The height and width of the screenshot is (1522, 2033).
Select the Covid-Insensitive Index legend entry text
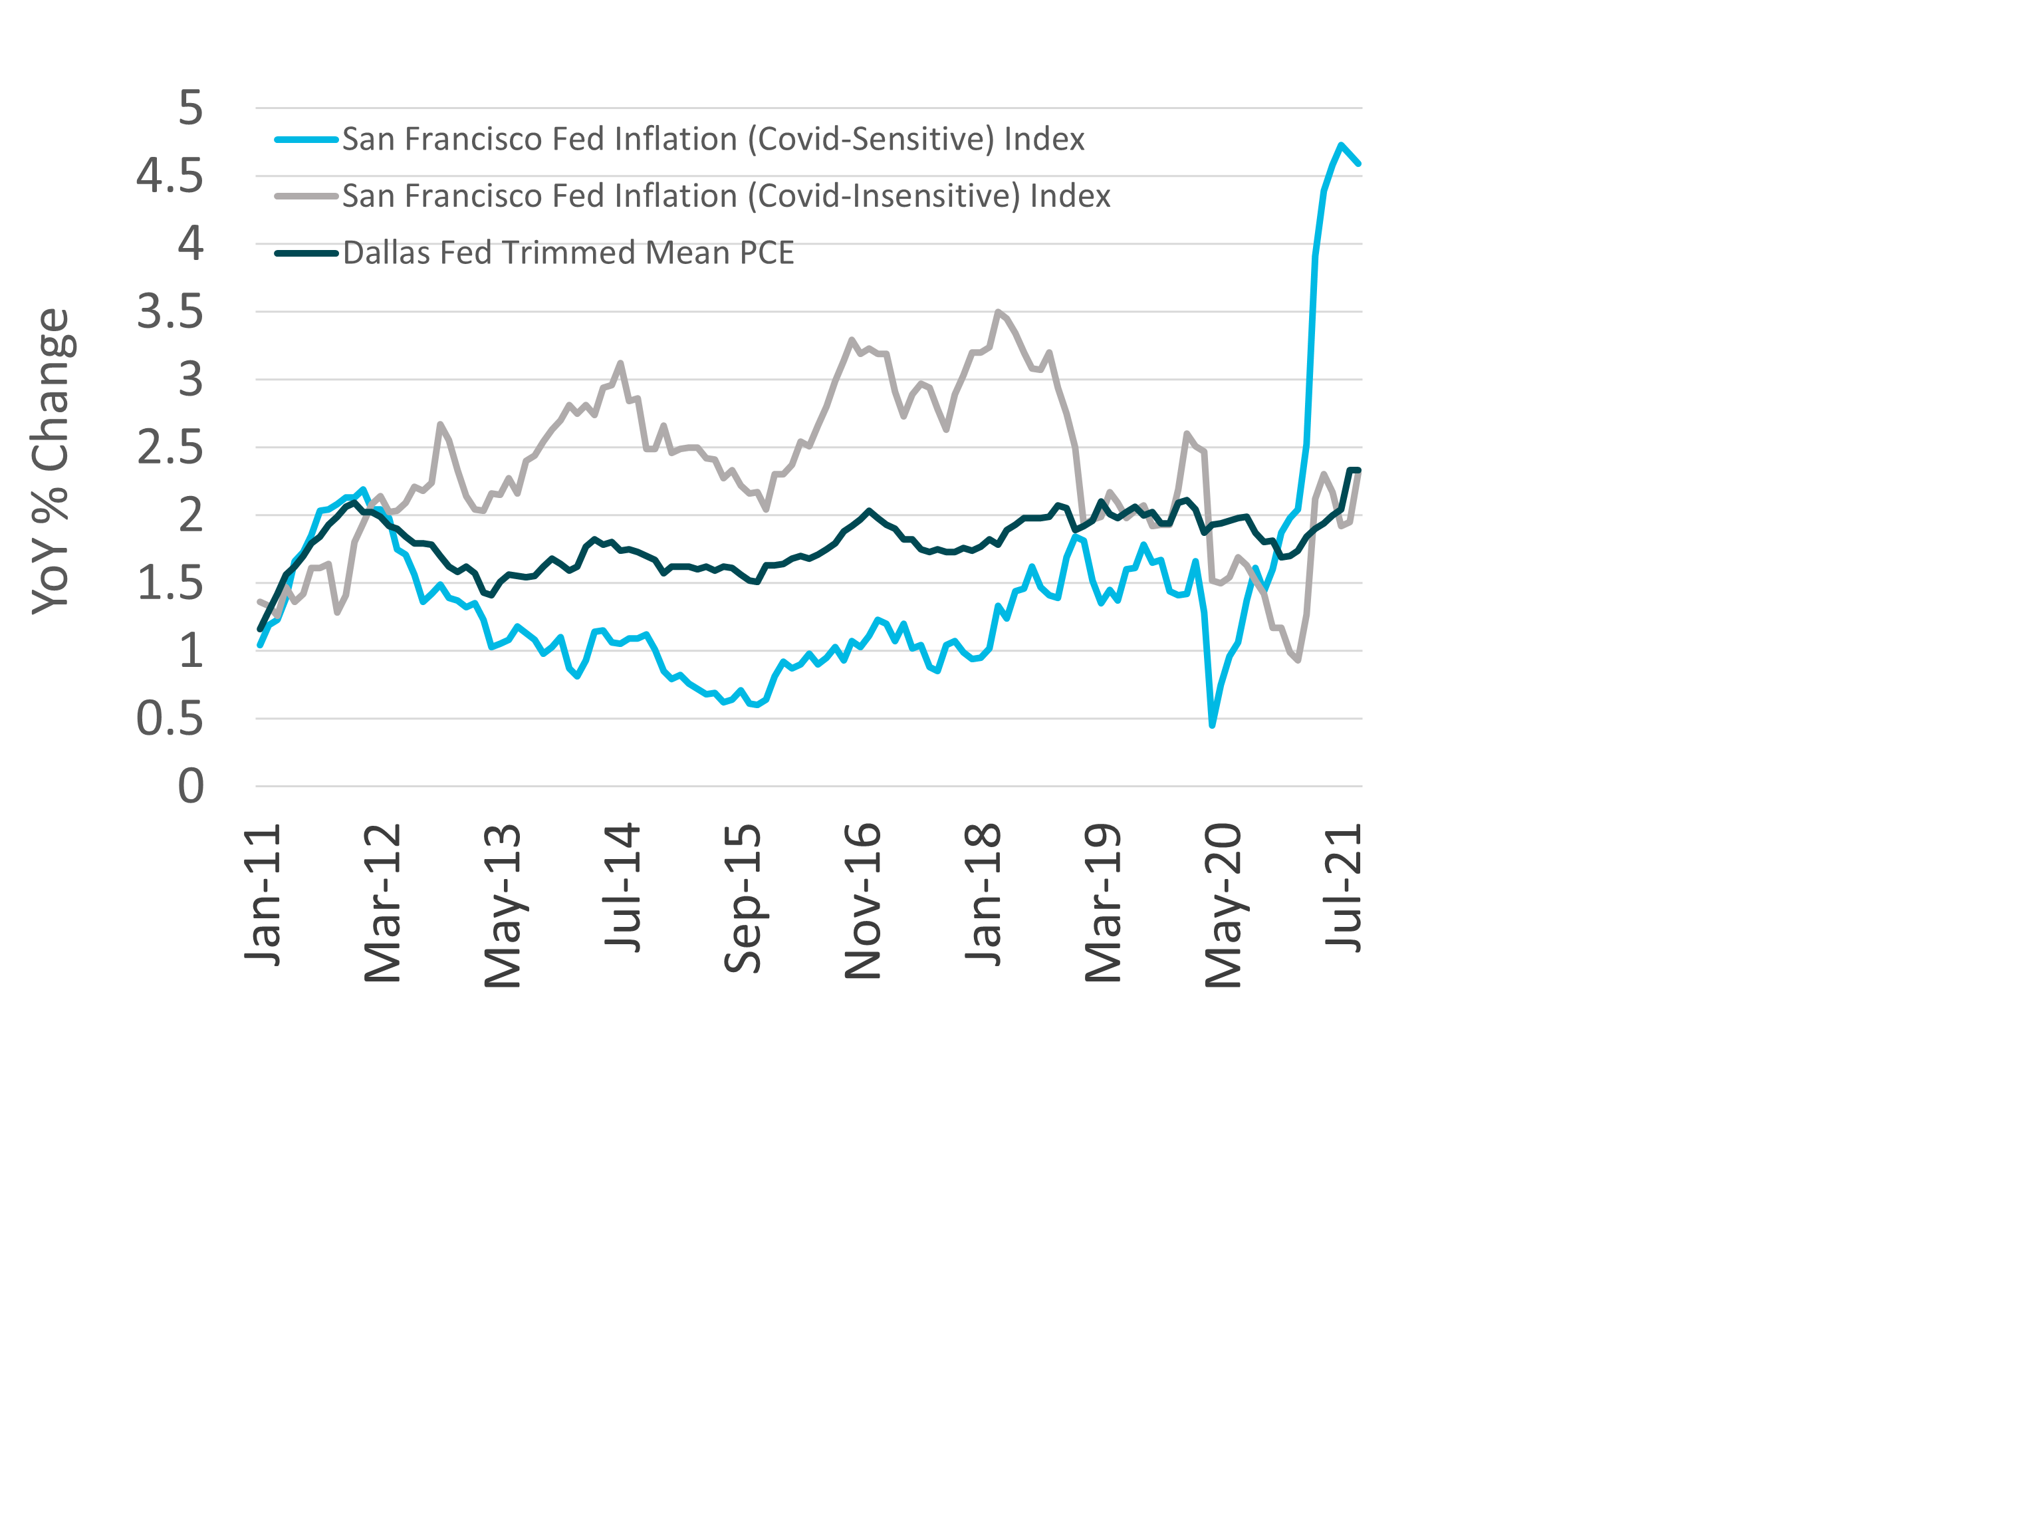tap(726, 195)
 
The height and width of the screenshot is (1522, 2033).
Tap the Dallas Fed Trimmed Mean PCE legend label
tap(568, 253)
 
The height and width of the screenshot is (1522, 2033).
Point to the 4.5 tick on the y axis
tap(170, 176)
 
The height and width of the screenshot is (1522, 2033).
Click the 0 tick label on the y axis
tap(190, 787)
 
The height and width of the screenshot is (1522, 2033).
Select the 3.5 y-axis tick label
tap(170, 312)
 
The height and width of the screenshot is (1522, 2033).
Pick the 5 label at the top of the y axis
tap(190, 108)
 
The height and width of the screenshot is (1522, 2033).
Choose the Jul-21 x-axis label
tap(1344, 888)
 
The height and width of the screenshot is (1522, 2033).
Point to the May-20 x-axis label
tap(1223, 906)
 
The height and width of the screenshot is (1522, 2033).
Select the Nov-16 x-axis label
tap(863, 901)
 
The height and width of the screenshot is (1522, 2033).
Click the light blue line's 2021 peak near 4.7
tap(1341, 145)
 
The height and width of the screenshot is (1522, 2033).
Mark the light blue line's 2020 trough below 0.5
tap(1212, 725)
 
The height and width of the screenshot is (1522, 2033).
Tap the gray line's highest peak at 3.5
tap(998, 312)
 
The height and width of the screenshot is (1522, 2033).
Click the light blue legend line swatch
tap(306, 140)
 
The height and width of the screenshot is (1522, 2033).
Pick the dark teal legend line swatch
tap(306, 253)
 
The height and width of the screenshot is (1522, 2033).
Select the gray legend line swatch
tap(306, 195)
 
